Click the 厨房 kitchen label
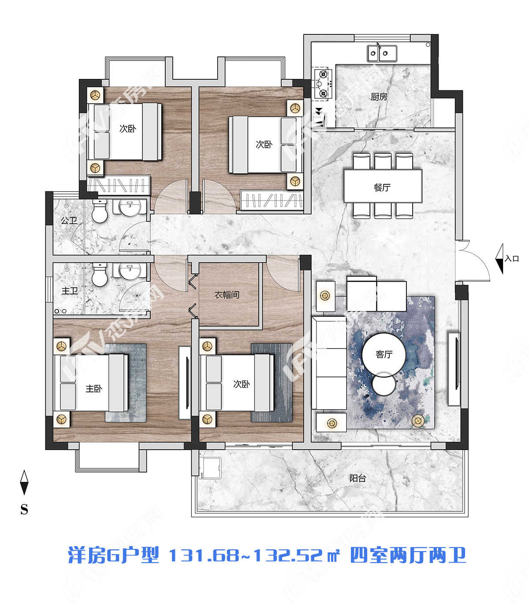tap(379, 97)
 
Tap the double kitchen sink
tap(382, 53)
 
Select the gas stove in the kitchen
tap(323, 84)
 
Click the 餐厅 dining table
tap(383, 186)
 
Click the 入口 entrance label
tap(511, 259)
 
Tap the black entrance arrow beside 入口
tap(499, 259)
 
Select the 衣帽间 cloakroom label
tap(227, 295)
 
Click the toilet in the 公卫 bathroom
tap(100, 211)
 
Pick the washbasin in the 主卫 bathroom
tap(130, 271)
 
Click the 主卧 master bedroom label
tap(94, 388)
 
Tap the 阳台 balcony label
tap(358, 478)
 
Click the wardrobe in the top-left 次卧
tap(119, 185)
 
